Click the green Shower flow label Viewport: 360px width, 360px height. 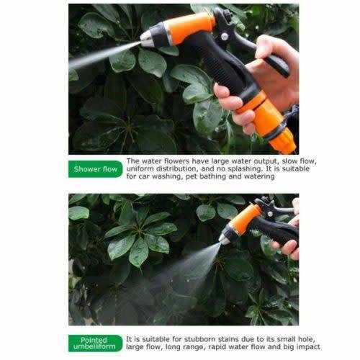pyautogui.click(x=95, y=170)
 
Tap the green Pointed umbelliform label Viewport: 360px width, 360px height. pyautogui.click(x=95, y=343)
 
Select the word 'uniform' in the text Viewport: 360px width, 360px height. pyautogui.click(x=142, y=170)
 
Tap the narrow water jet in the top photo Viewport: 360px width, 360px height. pyautogui.click(x=104, y=56)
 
